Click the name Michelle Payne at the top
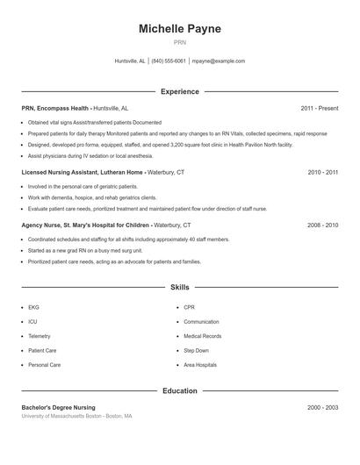pyautogui.click(x=180, y=29)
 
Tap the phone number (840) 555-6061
pyautogui.click(x=169, y=61)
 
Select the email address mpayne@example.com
pyautogui.click(x=219, y=61)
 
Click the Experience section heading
pyautogui.click(x=180, y=91)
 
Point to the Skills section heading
pyautogui.click(x=180, y=287)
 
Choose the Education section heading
pyautogui.click(x=180, y=390)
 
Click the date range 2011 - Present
pyautogui.click(x=319, y=108)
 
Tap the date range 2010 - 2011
pyautogui.click(x=322, y=173)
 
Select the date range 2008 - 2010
pyautogui.click(x=322, y=225)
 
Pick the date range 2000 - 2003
pyautogui.click(x=322, y=407)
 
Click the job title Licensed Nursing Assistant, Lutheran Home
pyautogui.click(x=82, y=173)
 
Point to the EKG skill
pyautogui.click(x=33, y=308)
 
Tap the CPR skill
pyautogui.click(x=189, y=308)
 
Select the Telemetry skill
pyautogui.click(x=40, y=336)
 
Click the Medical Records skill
pyautogui.click(x=202, y=336)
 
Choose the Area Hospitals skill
pyautogui.click(x=200, y=364)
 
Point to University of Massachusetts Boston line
pyautogui.click(x=76, y=416)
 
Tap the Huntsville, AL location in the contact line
pyautogui.click(x=130, y=61)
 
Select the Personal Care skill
pyautogui.click(x=44, y=364)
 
